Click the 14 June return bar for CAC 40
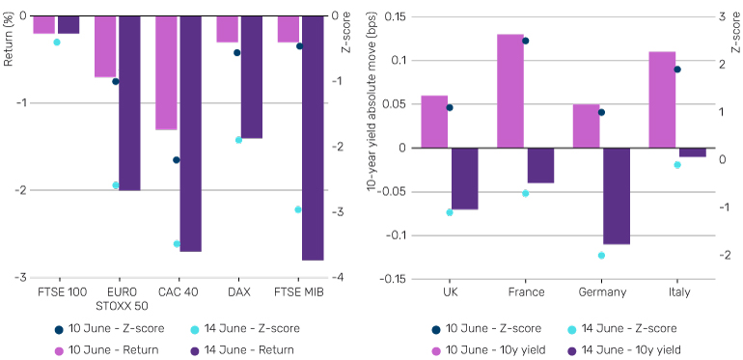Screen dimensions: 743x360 (190, 133)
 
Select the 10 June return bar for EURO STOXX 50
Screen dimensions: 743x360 (105, 46)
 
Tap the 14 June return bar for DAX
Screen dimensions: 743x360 (251, 77)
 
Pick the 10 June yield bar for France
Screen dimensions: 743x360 (510, 91)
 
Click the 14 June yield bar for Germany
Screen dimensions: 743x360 (617, 196)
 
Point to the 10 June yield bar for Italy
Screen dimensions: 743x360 (662, 99)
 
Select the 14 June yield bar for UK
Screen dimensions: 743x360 (465, 179)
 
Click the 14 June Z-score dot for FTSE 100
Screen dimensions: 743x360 (57, 42)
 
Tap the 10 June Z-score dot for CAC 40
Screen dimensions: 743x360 (177, 160)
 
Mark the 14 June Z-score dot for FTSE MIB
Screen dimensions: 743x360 (298, 209)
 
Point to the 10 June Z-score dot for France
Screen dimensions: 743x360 (526, 41)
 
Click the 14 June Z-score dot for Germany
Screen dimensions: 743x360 (602, 256)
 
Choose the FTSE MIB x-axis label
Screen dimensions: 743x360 (298, 291)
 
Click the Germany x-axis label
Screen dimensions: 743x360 (602, 291)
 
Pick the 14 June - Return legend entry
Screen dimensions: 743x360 (242, 350)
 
